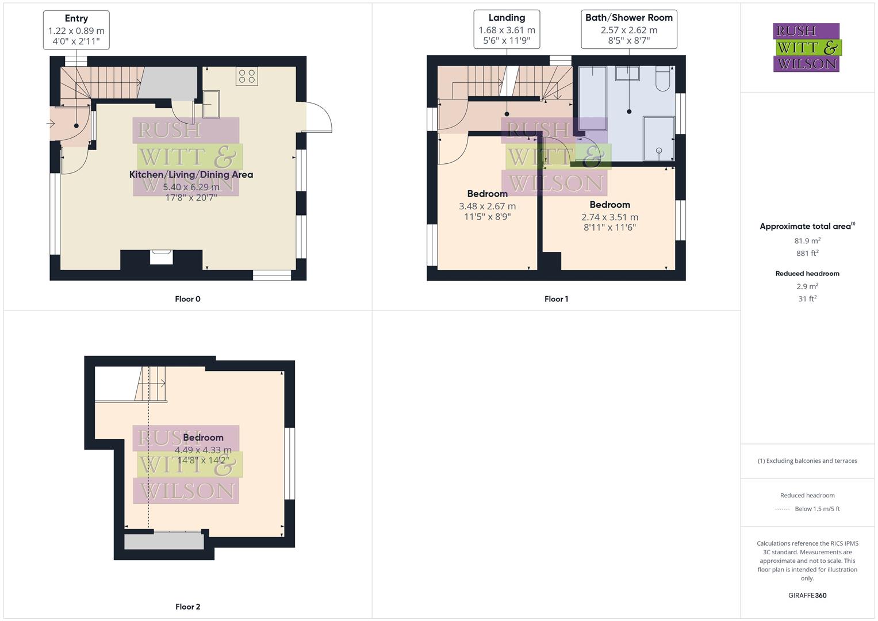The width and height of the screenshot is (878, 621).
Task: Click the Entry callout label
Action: [76, 30]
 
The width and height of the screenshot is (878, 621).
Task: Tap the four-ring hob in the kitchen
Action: [247, 76]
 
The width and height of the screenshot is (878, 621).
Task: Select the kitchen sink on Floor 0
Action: [210, 104]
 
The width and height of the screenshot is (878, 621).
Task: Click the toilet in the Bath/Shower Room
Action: [662, 79]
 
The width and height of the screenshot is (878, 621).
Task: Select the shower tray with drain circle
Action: [658, 138]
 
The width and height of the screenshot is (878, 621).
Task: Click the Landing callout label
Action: [507, 29]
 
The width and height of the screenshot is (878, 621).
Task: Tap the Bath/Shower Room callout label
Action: [628, 29]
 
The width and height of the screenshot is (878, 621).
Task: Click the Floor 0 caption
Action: [187, 299]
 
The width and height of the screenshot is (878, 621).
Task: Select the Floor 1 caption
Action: [556, 299]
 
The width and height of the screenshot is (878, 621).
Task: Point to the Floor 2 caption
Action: [187, 607]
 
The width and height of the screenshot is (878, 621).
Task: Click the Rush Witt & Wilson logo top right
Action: [807, 47]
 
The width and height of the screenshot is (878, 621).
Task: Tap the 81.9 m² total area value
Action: [807, 241]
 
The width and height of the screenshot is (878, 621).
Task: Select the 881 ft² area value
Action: [807, 253]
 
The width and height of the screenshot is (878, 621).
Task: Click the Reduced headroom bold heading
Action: [807, 274]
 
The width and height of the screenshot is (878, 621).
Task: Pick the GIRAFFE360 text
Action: [807, 596]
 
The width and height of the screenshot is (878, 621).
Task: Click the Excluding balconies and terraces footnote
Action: [807, 461]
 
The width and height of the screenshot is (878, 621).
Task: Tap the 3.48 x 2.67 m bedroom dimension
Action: [487, 206]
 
